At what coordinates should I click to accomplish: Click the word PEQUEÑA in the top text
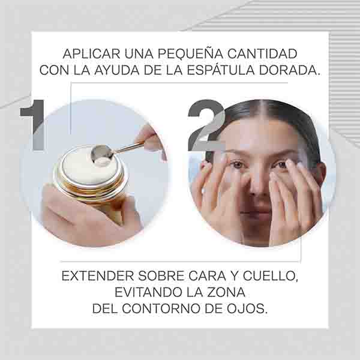[190, 53]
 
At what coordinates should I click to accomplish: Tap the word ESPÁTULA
[221, 70]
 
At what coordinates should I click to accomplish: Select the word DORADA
[289, 70]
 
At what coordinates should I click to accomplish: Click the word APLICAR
[91, 54]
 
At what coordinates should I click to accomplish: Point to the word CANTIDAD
[262, 54]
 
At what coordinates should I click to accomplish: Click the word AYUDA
[116, 70]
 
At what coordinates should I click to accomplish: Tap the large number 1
[33, 125]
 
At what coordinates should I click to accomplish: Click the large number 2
[206, 125]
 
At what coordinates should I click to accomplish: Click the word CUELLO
[270, 276]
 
